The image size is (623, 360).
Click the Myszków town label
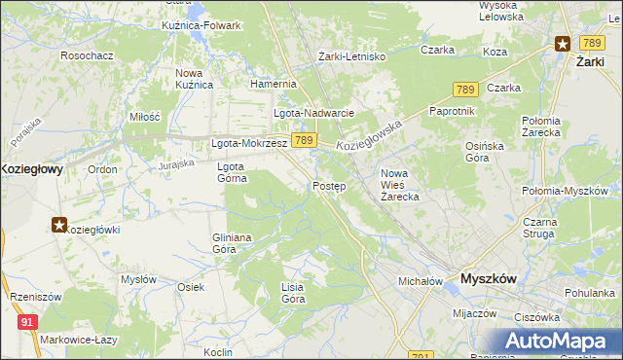click(x=488, y=278)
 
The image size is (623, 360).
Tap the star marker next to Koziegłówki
click(x=59, y=226)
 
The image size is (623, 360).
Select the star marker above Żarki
click(x=563, y=43)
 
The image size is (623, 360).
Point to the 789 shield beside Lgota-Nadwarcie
click(x=304, y=141)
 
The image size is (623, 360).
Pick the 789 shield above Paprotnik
click(x=463, y=90)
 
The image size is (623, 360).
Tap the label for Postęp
click(x=329, y=186)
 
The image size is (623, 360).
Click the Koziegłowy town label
click(x=32, y=168)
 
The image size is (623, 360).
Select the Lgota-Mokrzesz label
click(x=249, y=143)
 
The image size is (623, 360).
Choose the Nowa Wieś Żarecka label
click(x=399, y=185)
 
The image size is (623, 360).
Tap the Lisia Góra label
click(x=293, y=293)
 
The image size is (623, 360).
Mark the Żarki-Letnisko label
click(x=353, y=56)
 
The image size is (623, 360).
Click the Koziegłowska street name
click(x=370, y=135)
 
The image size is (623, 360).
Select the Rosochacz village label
click(x=87, y=55)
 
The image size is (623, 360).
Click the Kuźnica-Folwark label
click(x=202, y=24)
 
